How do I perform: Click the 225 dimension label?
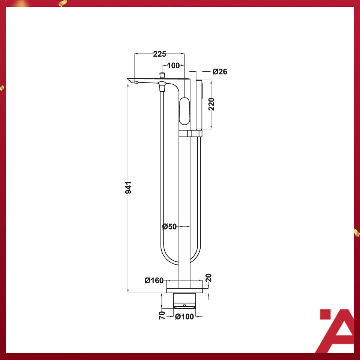[159, 54]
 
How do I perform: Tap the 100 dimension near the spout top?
[173, 66]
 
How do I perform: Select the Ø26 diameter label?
[220, 71]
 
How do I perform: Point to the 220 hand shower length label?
[211, 105]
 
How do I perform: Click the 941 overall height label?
[128, 187]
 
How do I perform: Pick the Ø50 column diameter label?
[169, 226]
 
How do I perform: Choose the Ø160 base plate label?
[154, 280]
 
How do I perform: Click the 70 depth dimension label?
[162, 315]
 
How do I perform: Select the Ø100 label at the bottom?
[184, 317]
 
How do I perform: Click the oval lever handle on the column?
[184, 111]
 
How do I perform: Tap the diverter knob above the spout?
[162, 75]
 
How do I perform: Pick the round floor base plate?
[184, 290]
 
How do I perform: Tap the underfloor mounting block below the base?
[184, 300]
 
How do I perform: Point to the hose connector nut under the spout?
[162, 87]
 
